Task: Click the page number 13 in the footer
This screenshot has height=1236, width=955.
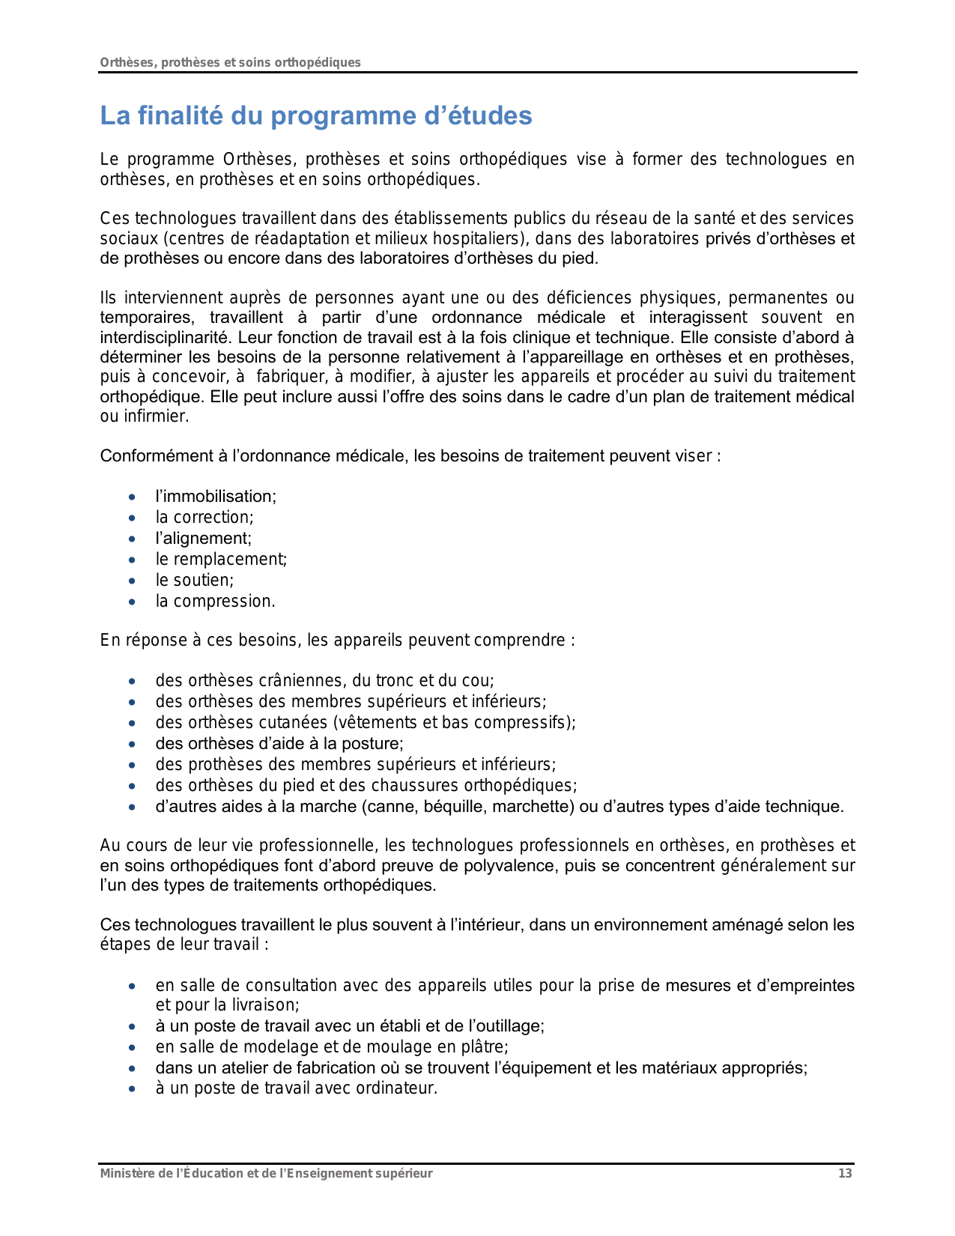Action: pyautogui.click(x=845, y=1174)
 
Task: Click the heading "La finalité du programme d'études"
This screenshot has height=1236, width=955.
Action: pyautogui.click(x=316, y=116)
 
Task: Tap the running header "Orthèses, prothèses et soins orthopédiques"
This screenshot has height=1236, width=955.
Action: pyautogui.click(x=231, y=62)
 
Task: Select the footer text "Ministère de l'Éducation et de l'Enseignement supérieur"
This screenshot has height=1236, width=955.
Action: pyautogui.click(x=267, y=1174)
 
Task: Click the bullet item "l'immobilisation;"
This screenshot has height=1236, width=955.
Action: pyautogui.click(x=216, y=497)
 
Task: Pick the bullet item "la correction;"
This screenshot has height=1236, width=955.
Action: pyautogui.click(x=204, y=518)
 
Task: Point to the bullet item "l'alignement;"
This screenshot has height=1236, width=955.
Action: pyautogui.click(x=204, y=539)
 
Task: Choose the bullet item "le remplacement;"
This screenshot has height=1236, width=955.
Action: pyautogui.click(x=221, y=560)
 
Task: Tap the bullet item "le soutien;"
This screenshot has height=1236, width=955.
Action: pyautogui.click(x=195, y=581)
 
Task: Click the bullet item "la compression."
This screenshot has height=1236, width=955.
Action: pyautogui.click(x=216, y=602)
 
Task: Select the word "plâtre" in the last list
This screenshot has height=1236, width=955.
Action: pyautogui.click(x=487, y=1047)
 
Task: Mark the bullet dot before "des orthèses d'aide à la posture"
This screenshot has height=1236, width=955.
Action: pyautogui.click(x=133, y=745)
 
